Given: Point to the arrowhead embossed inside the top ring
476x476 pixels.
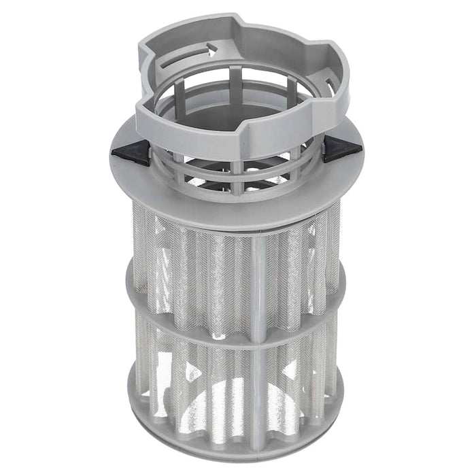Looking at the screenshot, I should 211,49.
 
